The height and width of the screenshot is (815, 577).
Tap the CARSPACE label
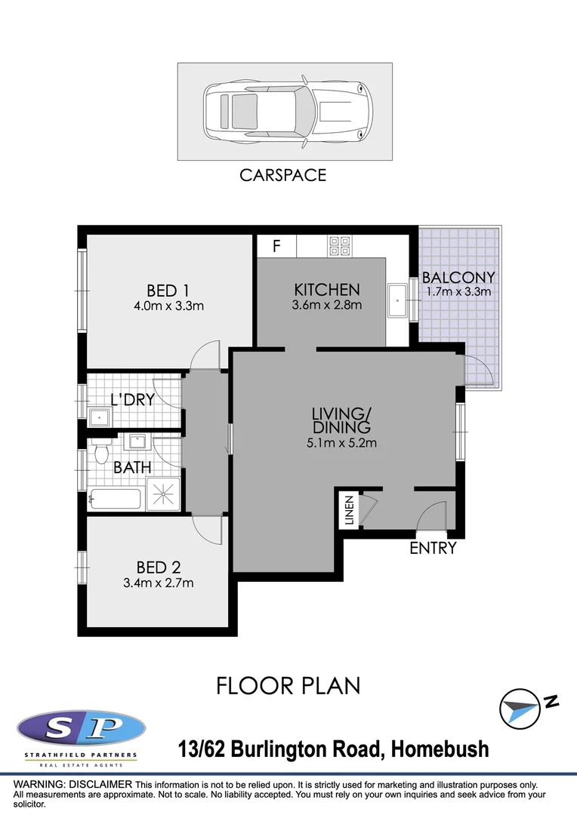click(282, 175)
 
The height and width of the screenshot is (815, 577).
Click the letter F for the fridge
click(276, 246)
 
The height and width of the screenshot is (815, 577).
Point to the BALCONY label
click(458, 278)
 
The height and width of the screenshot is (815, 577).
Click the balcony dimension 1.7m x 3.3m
click(458, 292)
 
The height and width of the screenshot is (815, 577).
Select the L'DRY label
click(132, 400)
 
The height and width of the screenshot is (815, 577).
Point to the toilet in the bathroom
click(102, 452)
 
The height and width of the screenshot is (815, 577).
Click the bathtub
click(115, 498)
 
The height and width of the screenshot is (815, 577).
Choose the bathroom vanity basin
click(138, 441)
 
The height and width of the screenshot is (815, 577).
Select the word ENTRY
click(433, 549)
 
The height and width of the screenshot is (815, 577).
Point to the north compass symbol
click(521, 709)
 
